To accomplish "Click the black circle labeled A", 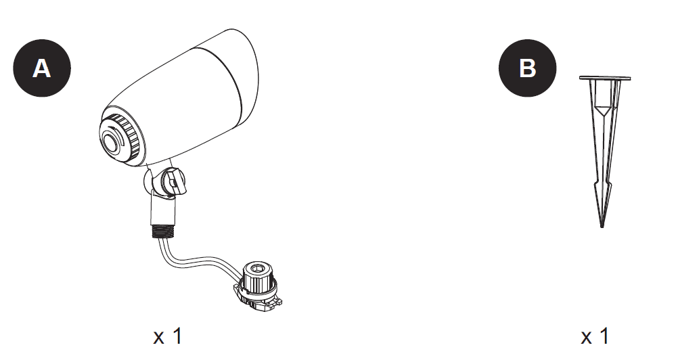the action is pos(42,68).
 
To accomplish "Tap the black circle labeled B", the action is pos(527,68).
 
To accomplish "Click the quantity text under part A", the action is pos(168,336).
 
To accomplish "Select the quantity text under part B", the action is pos(595,336).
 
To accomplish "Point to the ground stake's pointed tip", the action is pos(602,227).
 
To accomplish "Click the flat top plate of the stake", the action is pos(605,78).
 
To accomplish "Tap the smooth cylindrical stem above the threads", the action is pos(163,208).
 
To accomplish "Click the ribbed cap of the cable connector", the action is pos(258,277).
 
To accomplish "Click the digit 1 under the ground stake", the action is pos(604,336).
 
